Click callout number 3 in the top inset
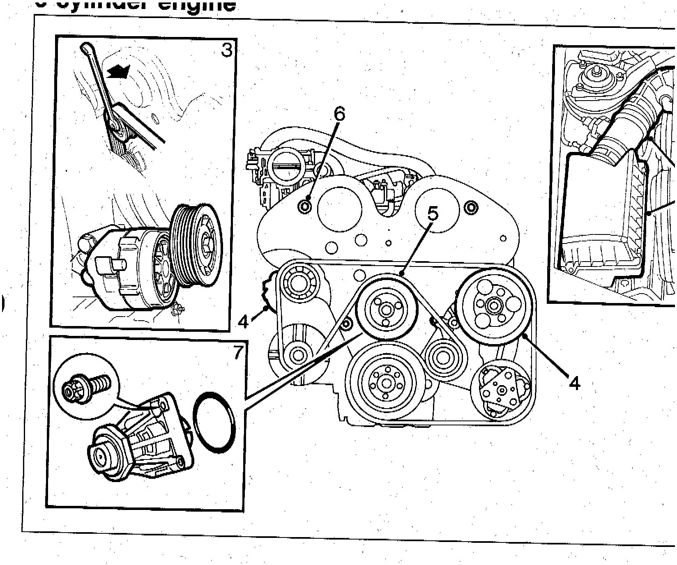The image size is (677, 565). pos(226,50)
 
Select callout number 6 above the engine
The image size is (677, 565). pos(339,114)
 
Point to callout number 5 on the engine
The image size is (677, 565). pos(433,214)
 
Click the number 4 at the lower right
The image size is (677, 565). pos(574,383)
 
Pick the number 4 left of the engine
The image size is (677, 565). pos(244,322)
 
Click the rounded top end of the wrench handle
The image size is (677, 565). pos(86,48)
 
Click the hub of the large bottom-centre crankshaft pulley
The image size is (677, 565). pos(386,383)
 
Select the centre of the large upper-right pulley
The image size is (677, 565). pos(493,304)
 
